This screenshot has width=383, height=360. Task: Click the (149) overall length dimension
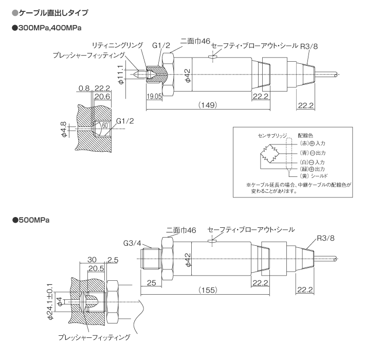point(207,105)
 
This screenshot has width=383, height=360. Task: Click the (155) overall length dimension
point(208,290)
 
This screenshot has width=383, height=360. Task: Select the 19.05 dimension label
point(154,96)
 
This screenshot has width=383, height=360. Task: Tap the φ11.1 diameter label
point(121,75)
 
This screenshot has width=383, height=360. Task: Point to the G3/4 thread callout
point(132,243)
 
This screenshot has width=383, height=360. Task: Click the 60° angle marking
point(105,125)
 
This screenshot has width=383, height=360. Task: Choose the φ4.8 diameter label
point(64,130)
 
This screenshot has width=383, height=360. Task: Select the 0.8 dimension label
point(84,88)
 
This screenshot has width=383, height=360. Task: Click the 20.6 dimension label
point(102,97)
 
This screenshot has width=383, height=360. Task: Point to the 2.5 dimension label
point(113,260)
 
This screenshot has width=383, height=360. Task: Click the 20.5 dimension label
point(96,268)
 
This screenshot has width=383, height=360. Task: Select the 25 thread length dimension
point(152,283)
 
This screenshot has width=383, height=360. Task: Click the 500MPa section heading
point(31,220)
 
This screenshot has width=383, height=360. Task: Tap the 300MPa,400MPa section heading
point(47,28)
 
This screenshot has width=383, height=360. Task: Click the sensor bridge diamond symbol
point(270,154)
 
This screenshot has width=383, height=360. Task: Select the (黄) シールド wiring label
point(314,176)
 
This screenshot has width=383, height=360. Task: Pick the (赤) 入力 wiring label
point(313,143)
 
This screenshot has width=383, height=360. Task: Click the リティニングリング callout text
point(117,45)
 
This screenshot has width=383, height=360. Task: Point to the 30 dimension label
point(92,260)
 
